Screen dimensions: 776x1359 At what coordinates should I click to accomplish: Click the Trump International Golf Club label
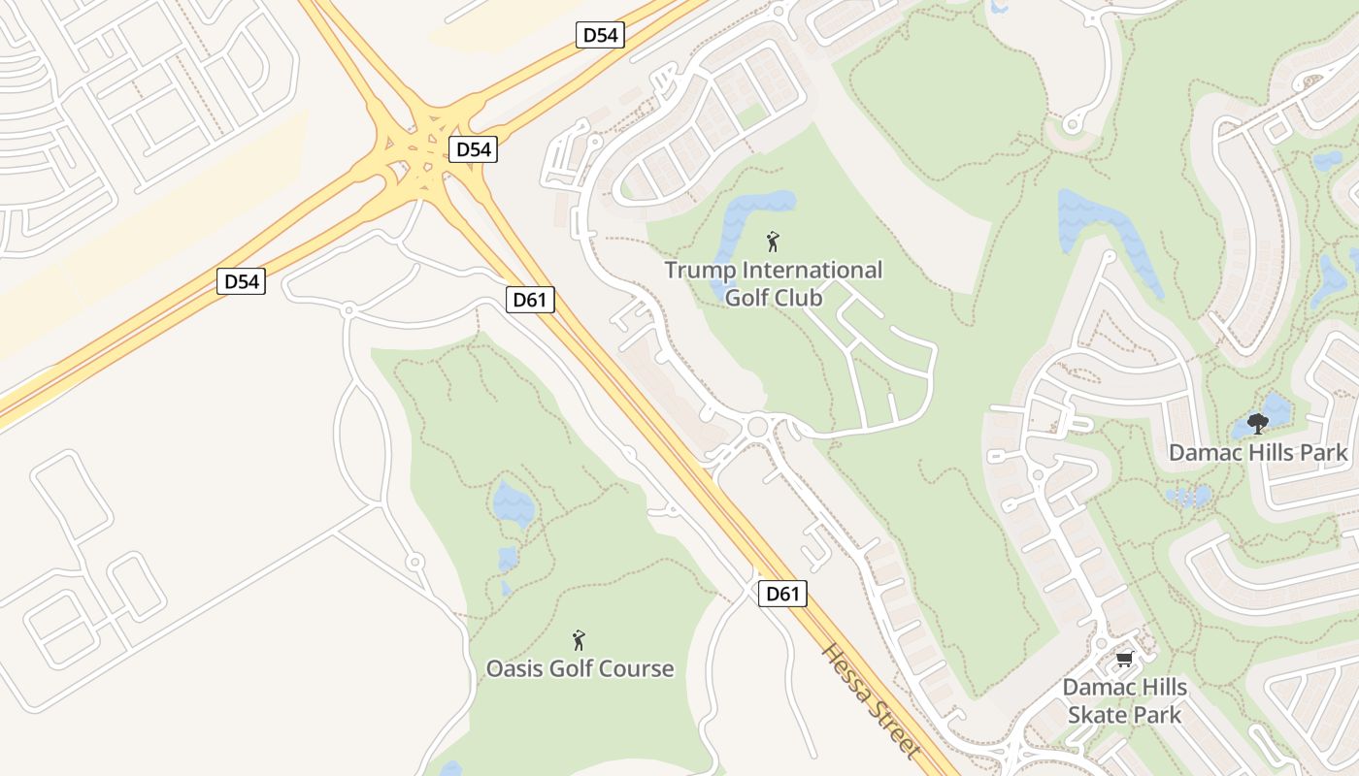coord(774,283)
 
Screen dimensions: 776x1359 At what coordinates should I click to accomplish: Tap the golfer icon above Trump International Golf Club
coord(773,242)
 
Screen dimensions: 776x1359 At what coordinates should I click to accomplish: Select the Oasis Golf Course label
coord(580,668)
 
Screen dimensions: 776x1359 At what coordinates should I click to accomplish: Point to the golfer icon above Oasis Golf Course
coord(579,640)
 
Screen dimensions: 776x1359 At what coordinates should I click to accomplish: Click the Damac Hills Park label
coord(1258,452)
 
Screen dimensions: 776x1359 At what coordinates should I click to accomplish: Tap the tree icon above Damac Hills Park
coord(1258,423)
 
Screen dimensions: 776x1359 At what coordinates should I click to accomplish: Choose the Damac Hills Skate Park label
coord(1124,701)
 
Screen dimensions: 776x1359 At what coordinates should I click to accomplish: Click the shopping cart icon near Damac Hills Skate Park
coord(1124,660)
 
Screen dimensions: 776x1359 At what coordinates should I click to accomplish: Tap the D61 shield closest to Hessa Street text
coord(781,594)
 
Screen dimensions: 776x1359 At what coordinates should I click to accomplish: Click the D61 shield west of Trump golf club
coord(530,300)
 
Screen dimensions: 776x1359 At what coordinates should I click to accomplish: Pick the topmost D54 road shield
coord(599,36)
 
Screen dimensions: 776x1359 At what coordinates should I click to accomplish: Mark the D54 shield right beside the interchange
coord(474,149)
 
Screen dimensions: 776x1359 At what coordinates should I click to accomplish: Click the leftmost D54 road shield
coord(241,281)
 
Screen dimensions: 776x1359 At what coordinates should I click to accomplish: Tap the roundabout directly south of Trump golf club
coord(758,426)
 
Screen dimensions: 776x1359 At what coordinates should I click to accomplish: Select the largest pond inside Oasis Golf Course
coord(513,503)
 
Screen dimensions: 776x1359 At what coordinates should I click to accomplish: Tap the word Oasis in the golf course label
coord(515,668)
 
